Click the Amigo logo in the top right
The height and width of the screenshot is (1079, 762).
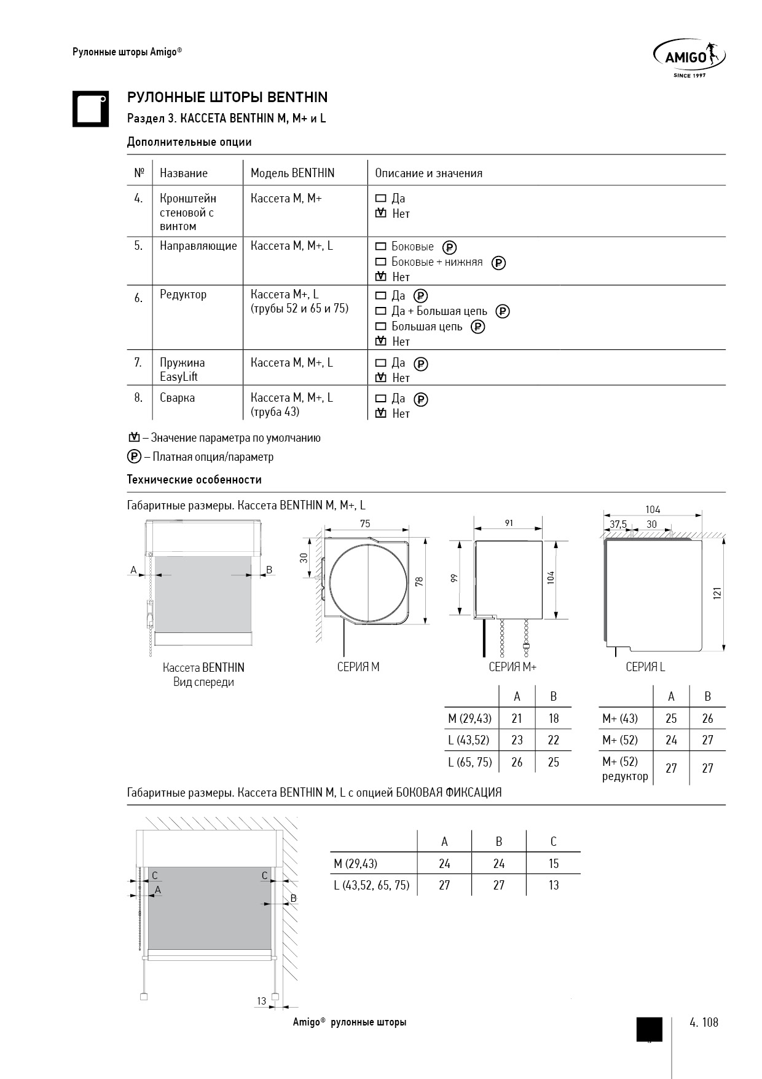click(x=688, y=57)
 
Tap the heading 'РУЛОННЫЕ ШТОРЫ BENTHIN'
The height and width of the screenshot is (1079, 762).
click(x=227, y=97)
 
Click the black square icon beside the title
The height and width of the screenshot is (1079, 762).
click(x=90, y=109)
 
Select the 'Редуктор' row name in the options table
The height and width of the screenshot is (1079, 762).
click(x=183, y=295)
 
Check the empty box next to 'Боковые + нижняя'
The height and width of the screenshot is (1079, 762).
click(x=380, y=262)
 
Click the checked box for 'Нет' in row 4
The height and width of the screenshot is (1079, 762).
click(x=381, y=213)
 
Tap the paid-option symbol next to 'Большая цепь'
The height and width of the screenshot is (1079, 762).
click(x=477, y=327)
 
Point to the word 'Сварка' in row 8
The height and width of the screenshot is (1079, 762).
click(x=177, y=398)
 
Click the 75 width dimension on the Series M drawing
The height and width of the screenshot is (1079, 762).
click(x=365, y=524)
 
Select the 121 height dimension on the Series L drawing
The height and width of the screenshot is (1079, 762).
click(x=717, y=594)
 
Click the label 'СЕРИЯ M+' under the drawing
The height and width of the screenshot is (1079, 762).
click(x=513, y=667)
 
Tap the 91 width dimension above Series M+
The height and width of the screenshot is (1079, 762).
click(x=509, y=523)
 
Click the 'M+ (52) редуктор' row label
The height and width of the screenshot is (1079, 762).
click(x=625, y=768)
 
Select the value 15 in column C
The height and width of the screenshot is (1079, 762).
click(x=554, y=864)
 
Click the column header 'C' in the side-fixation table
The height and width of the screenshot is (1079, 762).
click(x=554, y=842)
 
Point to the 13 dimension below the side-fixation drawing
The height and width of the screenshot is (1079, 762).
click(x=262, y=1001)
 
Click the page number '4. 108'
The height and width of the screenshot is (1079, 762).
click(x=704, y=1022)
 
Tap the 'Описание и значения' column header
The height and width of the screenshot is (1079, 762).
click(x=428, y=173)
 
